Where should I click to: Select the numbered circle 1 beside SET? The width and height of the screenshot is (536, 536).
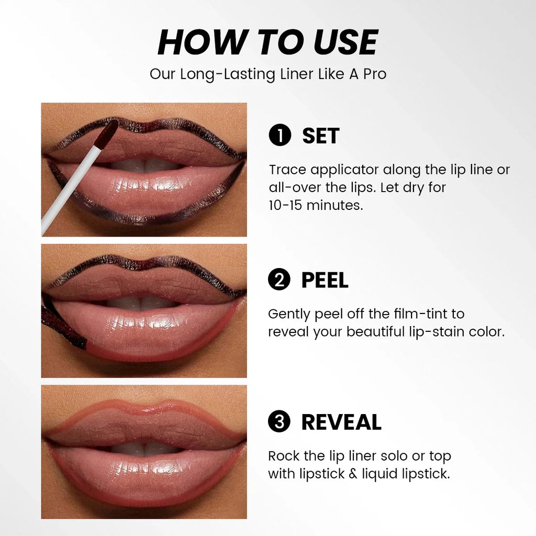pyautogui.click(x=280, y=136)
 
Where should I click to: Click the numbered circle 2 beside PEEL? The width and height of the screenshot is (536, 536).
pyautogui.click(x=279, y=280)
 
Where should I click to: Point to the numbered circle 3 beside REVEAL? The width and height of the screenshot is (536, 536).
pyautogui.click(x=279, y=422)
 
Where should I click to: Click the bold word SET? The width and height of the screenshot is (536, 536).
pyautogui.click(x=321, y=136)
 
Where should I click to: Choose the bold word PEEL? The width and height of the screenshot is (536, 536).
pyautogui.click(x=325, y=280)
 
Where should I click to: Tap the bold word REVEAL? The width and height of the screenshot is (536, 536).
pyautogui.click(x=341, y=422)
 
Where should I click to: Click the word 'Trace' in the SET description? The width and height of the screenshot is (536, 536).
pyautogui.click(x=287, y=170)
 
